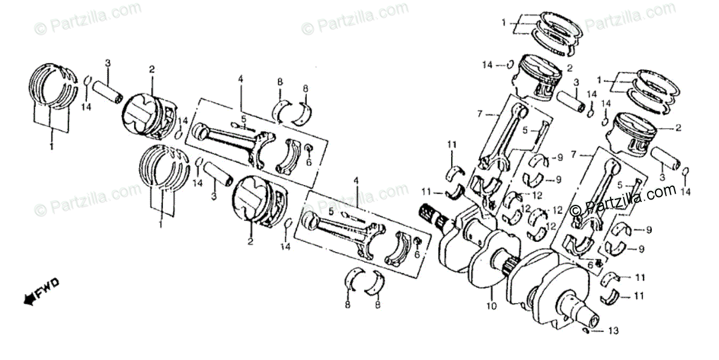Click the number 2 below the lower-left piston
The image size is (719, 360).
250,242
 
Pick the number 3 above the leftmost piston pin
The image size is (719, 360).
108,63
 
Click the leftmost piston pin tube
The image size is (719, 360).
108,90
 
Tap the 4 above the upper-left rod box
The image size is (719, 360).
241,79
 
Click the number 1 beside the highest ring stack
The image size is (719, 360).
504,23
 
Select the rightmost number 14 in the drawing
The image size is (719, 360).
686,192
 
